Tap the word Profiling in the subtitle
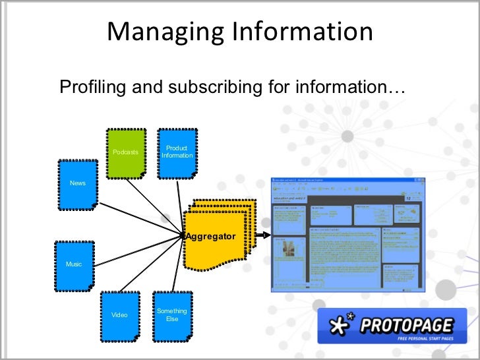(88, 86)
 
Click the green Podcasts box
(125, 152)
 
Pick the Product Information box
(177, 152)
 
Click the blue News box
(77, 183)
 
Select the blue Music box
(74, 265)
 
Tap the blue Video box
(119, 315)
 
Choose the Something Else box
(172, 315)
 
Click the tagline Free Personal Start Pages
(425, 338)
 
